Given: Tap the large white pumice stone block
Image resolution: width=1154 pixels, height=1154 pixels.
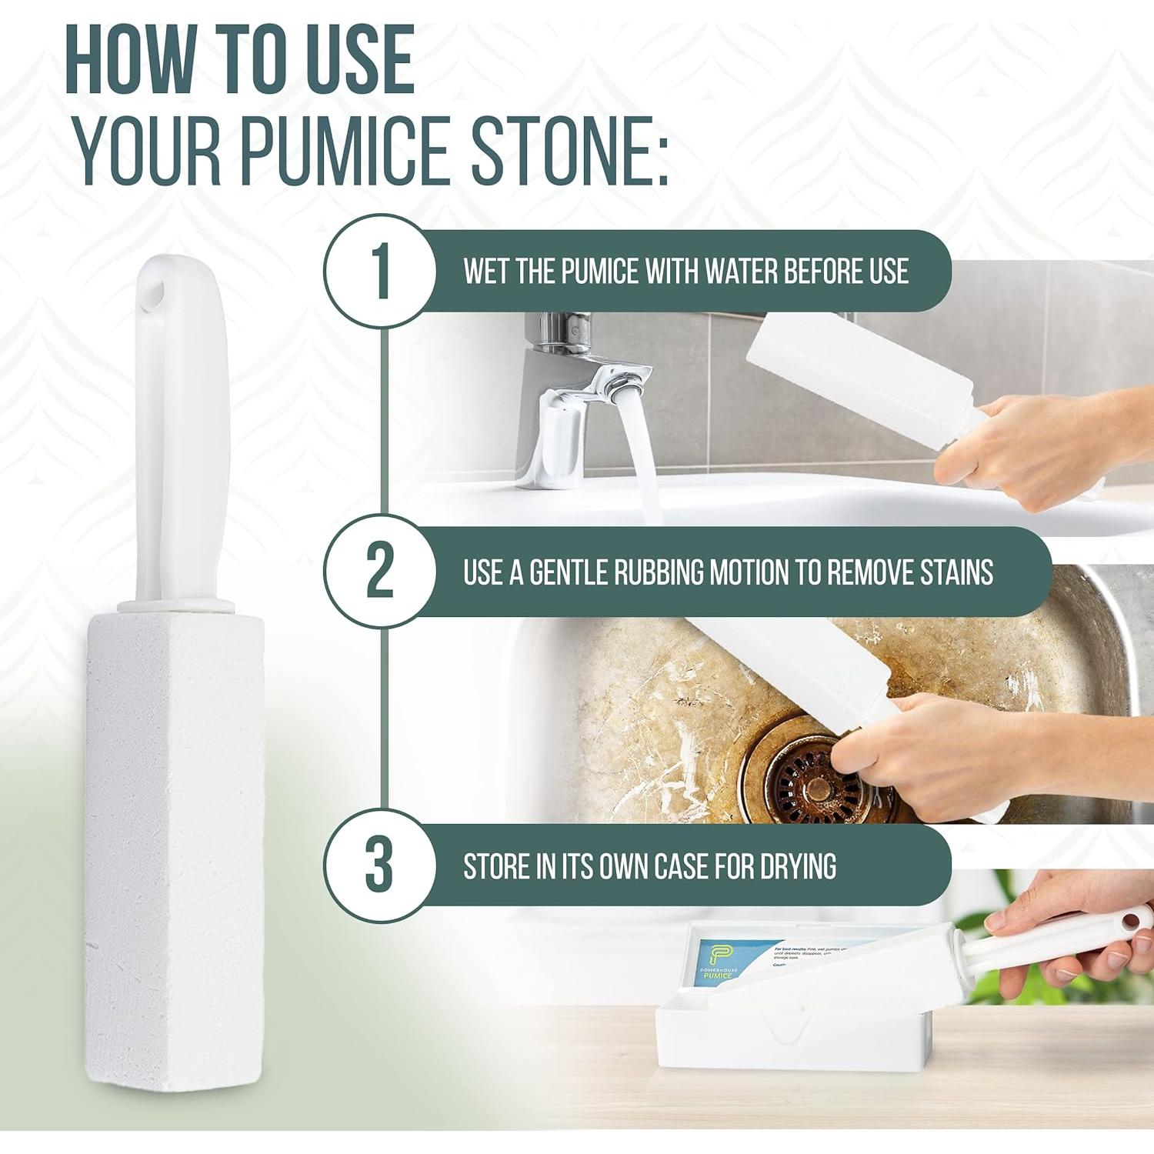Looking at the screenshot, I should click(x=174, y=808).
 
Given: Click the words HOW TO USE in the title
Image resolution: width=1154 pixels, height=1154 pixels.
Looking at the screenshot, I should click(x=240, y=60).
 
